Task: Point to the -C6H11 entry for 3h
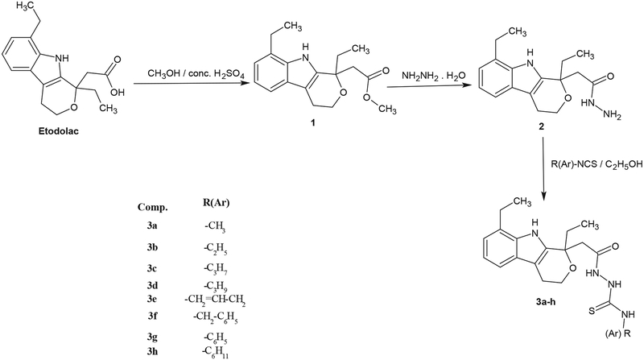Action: pos(213,351)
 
